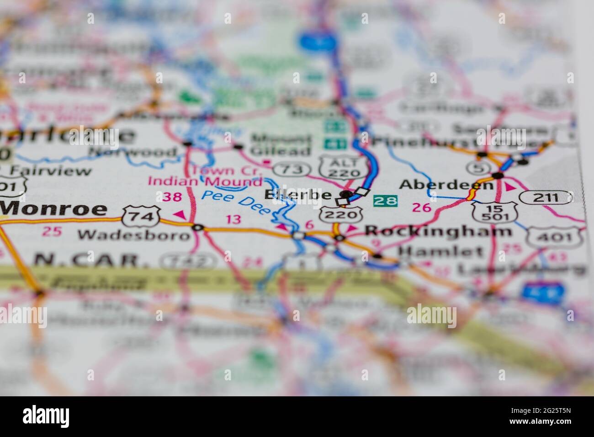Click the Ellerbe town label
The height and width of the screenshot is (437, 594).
[297, 195]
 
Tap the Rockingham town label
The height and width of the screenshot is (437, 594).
[438, 231]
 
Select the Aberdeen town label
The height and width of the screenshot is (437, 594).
[446, 185]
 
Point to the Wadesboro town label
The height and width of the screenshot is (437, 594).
[133, 235]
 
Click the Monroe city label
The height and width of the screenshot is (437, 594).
[53, 209]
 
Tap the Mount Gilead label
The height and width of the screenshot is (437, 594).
[281, 145]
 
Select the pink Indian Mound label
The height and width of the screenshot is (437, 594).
[205, 181]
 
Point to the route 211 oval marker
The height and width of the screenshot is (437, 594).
[546, 197]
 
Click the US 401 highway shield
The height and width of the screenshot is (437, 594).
[554, 237]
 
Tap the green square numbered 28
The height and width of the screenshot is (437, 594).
[385, 201]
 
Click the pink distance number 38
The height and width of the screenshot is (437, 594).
[172, 197]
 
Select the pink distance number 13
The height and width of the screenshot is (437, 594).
[233, 219]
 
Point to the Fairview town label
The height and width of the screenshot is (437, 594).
[51, 171]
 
